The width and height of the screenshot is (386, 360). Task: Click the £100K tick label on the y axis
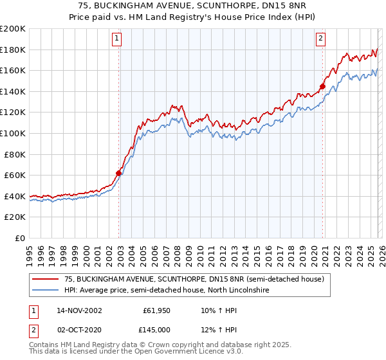[13, 133]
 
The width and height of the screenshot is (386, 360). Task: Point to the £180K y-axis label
[13, 50]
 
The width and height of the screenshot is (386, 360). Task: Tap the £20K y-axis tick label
[15, 217]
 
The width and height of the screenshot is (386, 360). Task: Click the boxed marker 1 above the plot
[117, 39]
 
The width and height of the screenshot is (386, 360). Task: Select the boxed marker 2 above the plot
[320, 39]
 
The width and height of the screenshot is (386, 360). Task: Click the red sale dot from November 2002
[119, 173]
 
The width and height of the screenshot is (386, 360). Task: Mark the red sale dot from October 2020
[323, 86]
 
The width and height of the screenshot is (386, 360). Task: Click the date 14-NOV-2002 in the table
[79, 310]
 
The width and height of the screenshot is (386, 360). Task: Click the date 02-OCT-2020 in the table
[79, 329]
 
